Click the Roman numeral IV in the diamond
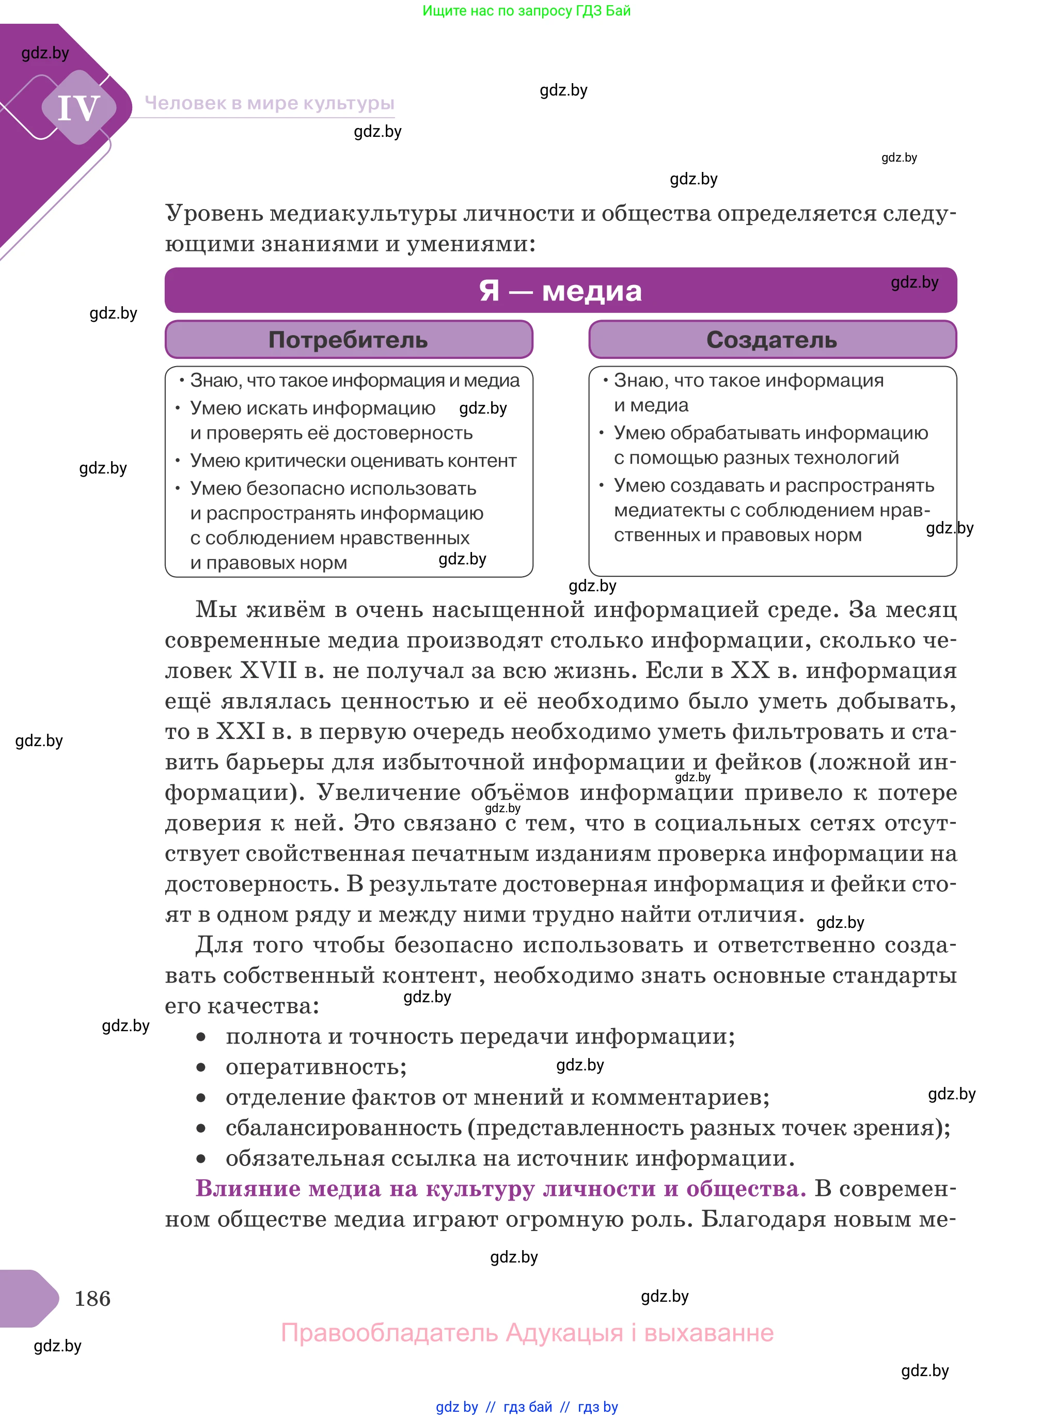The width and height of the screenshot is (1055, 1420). pyautogui.click(x=78, y=108)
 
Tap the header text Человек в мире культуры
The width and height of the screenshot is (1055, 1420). pyautogui.click(x=269, y=103)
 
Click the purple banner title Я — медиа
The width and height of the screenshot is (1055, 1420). pyautogui.click(x=560, y=291)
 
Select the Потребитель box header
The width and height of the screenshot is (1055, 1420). pyautogui.click(x=348, y=340)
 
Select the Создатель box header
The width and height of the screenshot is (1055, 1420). pyautogui.click(x=771, y=340)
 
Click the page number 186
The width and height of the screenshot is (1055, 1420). pyautogui.click(x=92, y=1298)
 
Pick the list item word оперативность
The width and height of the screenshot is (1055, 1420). pyautogui.click(x=316, y=1067)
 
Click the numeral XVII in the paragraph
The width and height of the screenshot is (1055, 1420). pyautogui.click(x=268, y=670)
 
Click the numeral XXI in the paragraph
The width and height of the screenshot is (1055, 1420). pyautogui.click(x=241, y=731)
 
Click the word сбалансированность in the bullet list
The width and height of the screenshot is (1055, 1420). pyautogui.click(x=343, y=1128)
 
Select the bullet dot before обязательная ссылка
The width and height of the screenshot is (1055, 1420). pyautogui.click(x=201, y=1159)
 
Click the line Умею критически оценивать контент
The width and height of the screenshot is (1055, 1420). pyautogui.click(x=353, y=461)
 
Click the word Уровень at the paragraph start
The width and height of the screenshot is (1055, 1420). pyautogui.click(x=214, y=213)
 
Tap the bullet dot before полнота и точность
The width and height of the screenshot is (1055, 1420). pyautogui.click(x=201, y=1037)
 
